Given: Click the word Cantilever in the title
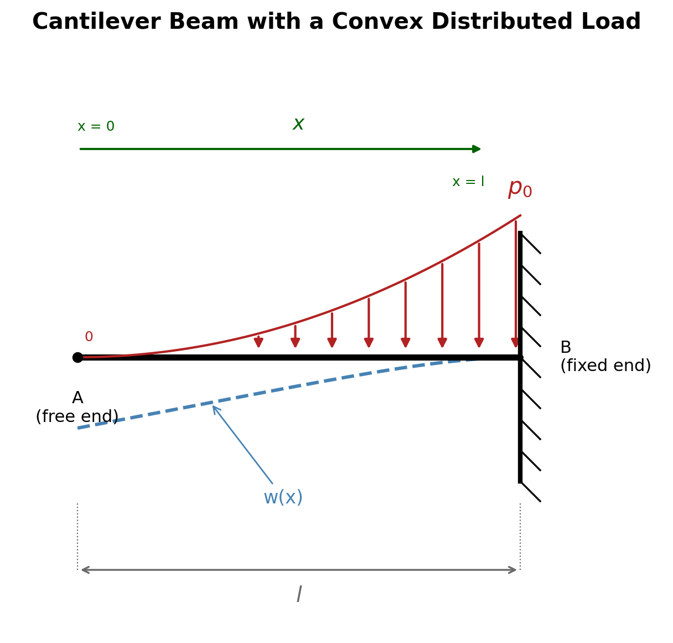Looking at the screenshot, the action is click(96, 22).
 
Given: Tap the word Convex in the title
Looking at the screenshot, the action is click(377, 22).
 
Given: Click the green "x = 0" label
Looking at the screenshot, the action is click(96, 126).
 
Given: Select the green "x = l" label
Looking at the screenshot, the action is click(468, 181).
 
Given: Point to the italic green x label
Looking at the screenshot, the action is click(298, 124).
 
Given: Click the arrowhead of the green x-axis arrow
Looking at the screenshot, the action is click(476, 149).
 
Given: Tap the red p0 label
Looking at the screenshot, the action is click(520, 189).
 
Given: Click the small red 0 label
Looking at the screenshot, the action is click(89, 336).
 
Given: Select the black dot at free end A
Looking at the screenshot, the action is click(78, 357).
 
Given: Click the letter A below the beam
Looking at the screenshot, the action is click(77, 398).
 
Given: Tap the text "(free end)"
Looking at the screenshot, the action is click(77, 416).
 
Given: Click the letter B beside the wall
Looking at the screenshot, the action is click(566, 347).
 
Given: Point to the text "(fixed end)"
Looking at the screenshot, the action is click(605, 366).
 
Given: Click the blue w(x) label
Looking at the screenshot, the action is click(283, 497).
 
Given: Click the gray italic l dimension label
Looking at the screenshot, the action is click(299, 594).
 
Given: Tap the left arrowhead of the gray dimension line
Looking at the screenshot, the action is click(85, 570).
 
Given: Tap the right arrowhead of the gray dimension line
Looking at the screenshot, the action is click(512, 570).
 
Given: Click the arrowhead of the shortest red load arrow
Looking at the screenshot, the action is click(258, 343).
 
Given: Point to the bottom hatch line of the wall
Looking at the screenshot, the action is click(531, 492).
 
